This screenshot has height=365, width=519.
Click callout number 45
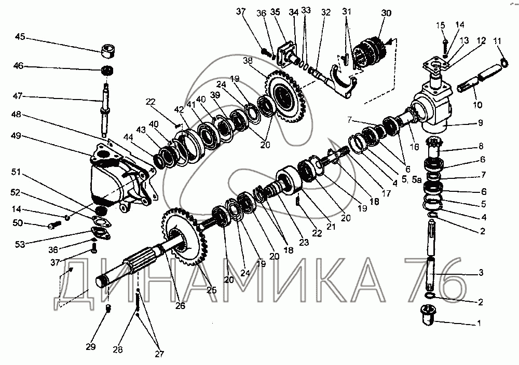pos(20,37)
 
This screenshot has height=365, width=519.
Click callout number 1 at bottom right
pos(479,324)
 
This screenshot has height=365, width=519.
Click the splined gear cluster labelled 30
pos(371,51)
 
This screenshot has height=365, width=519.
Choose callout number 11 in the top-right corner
pos(498,40)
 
